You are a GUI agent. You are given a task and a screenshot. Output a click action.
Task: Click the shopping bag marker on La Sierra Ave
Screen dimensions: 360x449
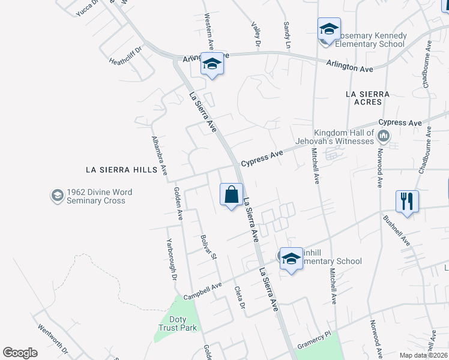click(x=231, y=195)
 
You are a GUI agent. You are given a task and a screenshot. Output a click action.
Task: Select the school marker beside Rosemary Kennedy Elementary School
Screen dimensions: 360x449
click(x=329, y=29)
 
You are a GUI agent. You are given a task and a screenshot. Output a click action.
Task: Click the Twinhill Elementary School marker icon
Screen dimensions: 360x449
click(x=291, y=259)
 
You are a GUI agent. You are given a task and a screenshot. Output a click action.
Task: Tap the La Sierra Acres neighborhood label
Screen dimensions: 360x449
click(x=368, y=99)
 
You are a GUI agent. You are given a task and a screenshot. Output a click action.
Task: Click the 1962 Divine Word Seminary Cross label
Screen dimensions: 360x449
click(x=96, y=196)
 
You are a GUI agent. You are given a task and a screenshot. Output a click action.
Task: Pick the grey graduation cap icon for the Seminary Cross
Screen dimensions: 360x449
click(x=57, y=196)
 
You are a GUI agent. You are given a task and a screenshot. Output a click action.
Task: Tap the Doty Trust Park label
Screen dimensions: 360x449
click(x=178, y=324)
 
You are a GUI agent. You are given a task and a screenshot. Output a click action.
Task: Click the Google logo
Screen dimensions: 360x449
click(x=20, y=353)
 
